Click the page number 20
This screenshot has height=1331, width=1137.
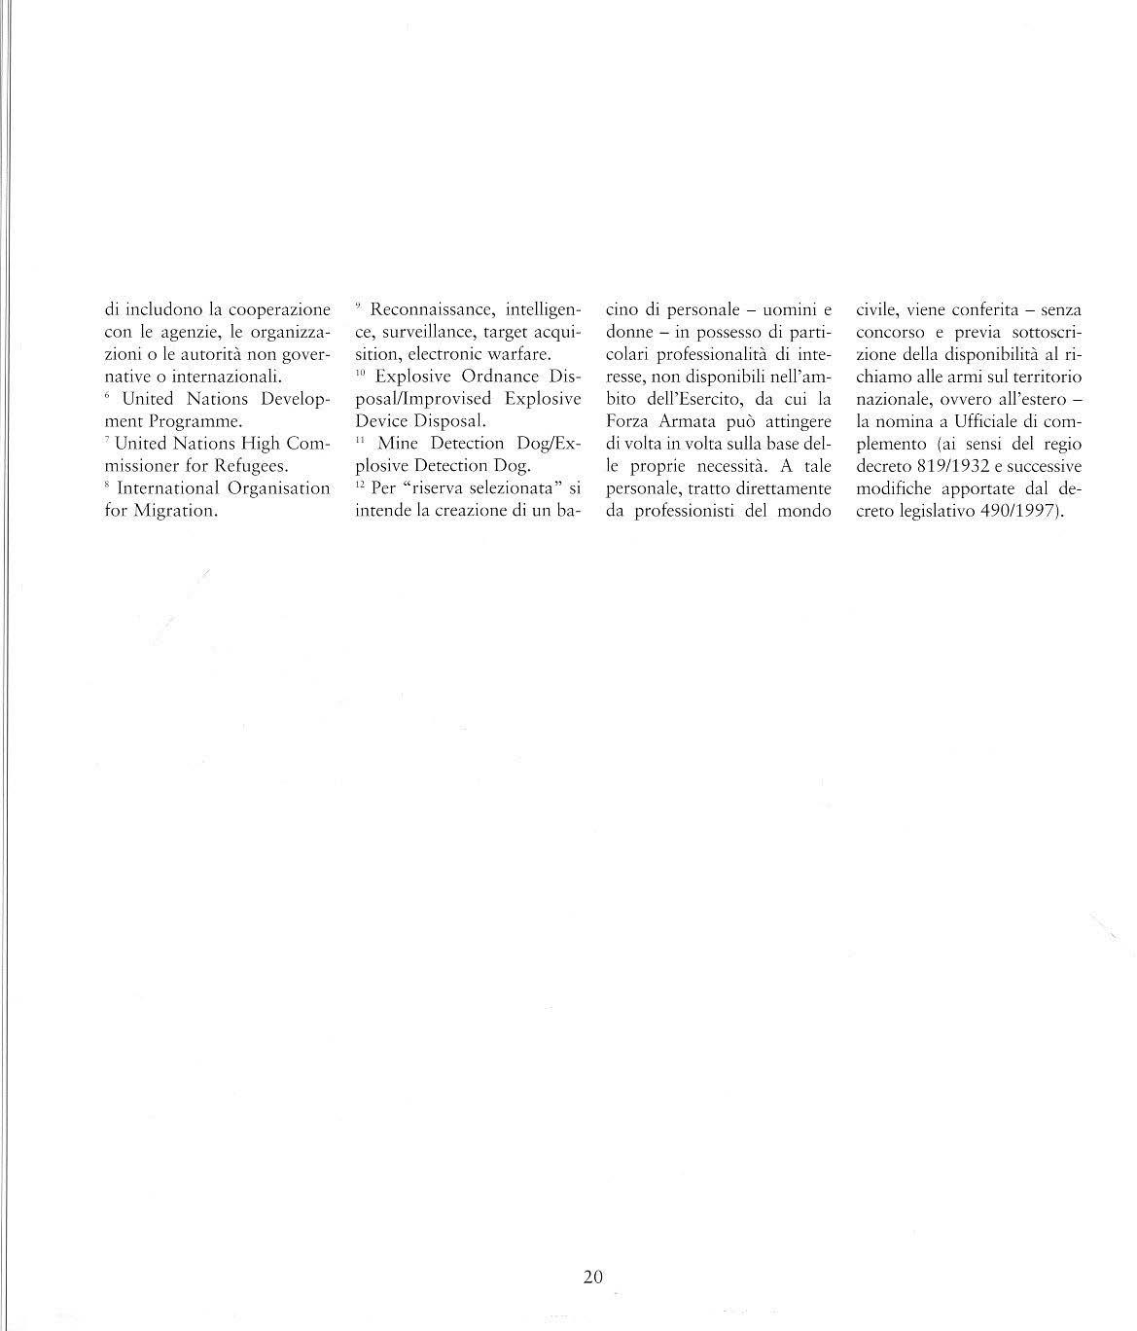pos(593,1277)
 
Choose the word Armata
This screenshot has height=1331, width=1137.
pos(687,421)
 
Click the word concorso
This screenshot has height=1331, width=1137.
pos(889,333)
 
